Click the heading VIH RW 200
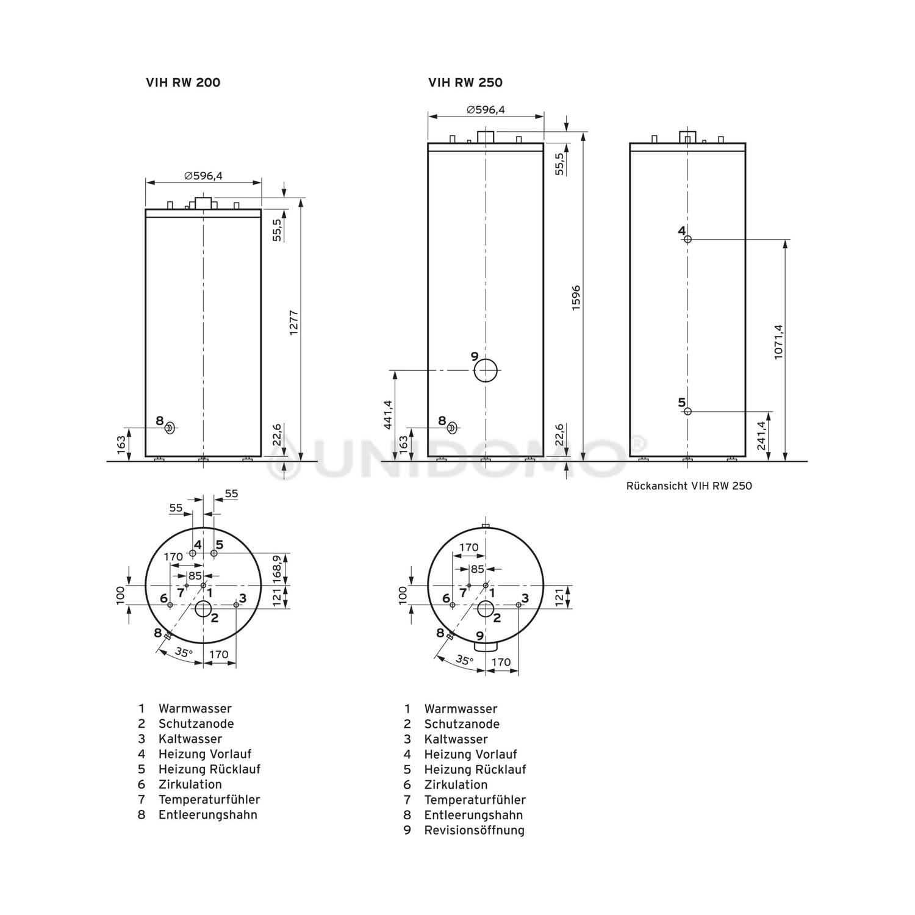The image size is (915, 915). pos(183,82)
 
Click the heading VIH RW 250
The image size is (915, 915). pos(465,82)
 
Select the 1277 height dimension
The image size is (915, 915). pos(293,328)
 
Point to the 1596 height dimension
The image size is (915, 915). pos(576,298)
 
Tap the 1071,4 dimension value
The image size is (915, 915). pos(778,342)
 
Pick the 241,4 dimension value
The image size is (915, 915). pos(761,436)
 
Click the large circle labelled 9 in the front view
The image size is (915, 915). pos(486,370)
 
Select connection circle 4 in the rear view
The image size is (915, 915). pos(687,239)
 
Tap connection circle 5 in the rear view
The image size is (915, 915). pos(687,411)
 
